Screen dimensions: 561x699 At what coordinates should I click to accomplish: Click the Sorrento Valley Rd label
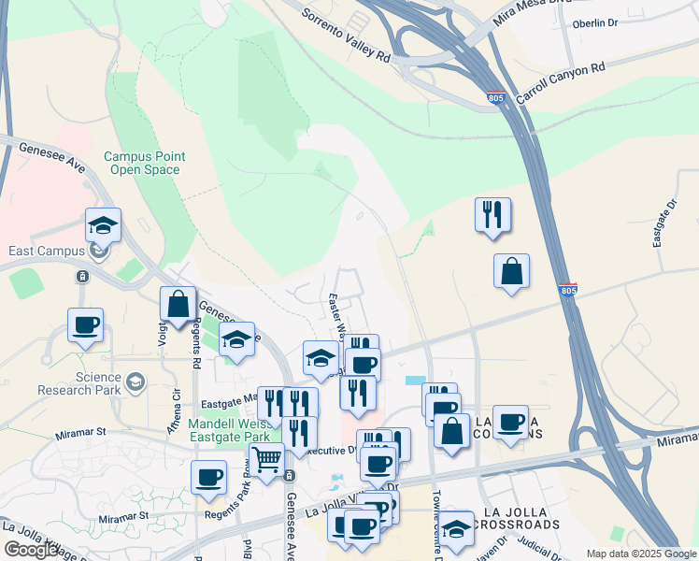pyautogui.click(x=345, y=37)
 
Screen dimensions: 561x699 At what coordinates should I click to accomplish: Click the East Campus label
pyautogui.click(x=41, y=251)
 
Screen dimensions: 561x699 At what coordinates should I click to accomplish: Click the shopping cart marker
pyautogui.click(x=266, y=459)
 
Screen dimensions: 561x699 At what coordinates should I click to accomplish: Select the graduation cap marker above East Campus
pyautogui.click(x=103, y=223)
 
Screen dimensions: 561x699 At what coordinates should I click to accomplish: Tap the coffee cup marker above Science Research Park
pyautogui.click(x=85, y=324)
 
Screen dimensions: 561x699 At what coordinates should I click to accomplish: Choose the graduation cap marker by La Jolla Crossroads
pyautogui.click(x=456, y=526)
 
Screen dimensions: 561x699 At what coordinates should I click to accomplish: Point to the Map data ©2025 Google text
pyautogui.click(x=641, y=554)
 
